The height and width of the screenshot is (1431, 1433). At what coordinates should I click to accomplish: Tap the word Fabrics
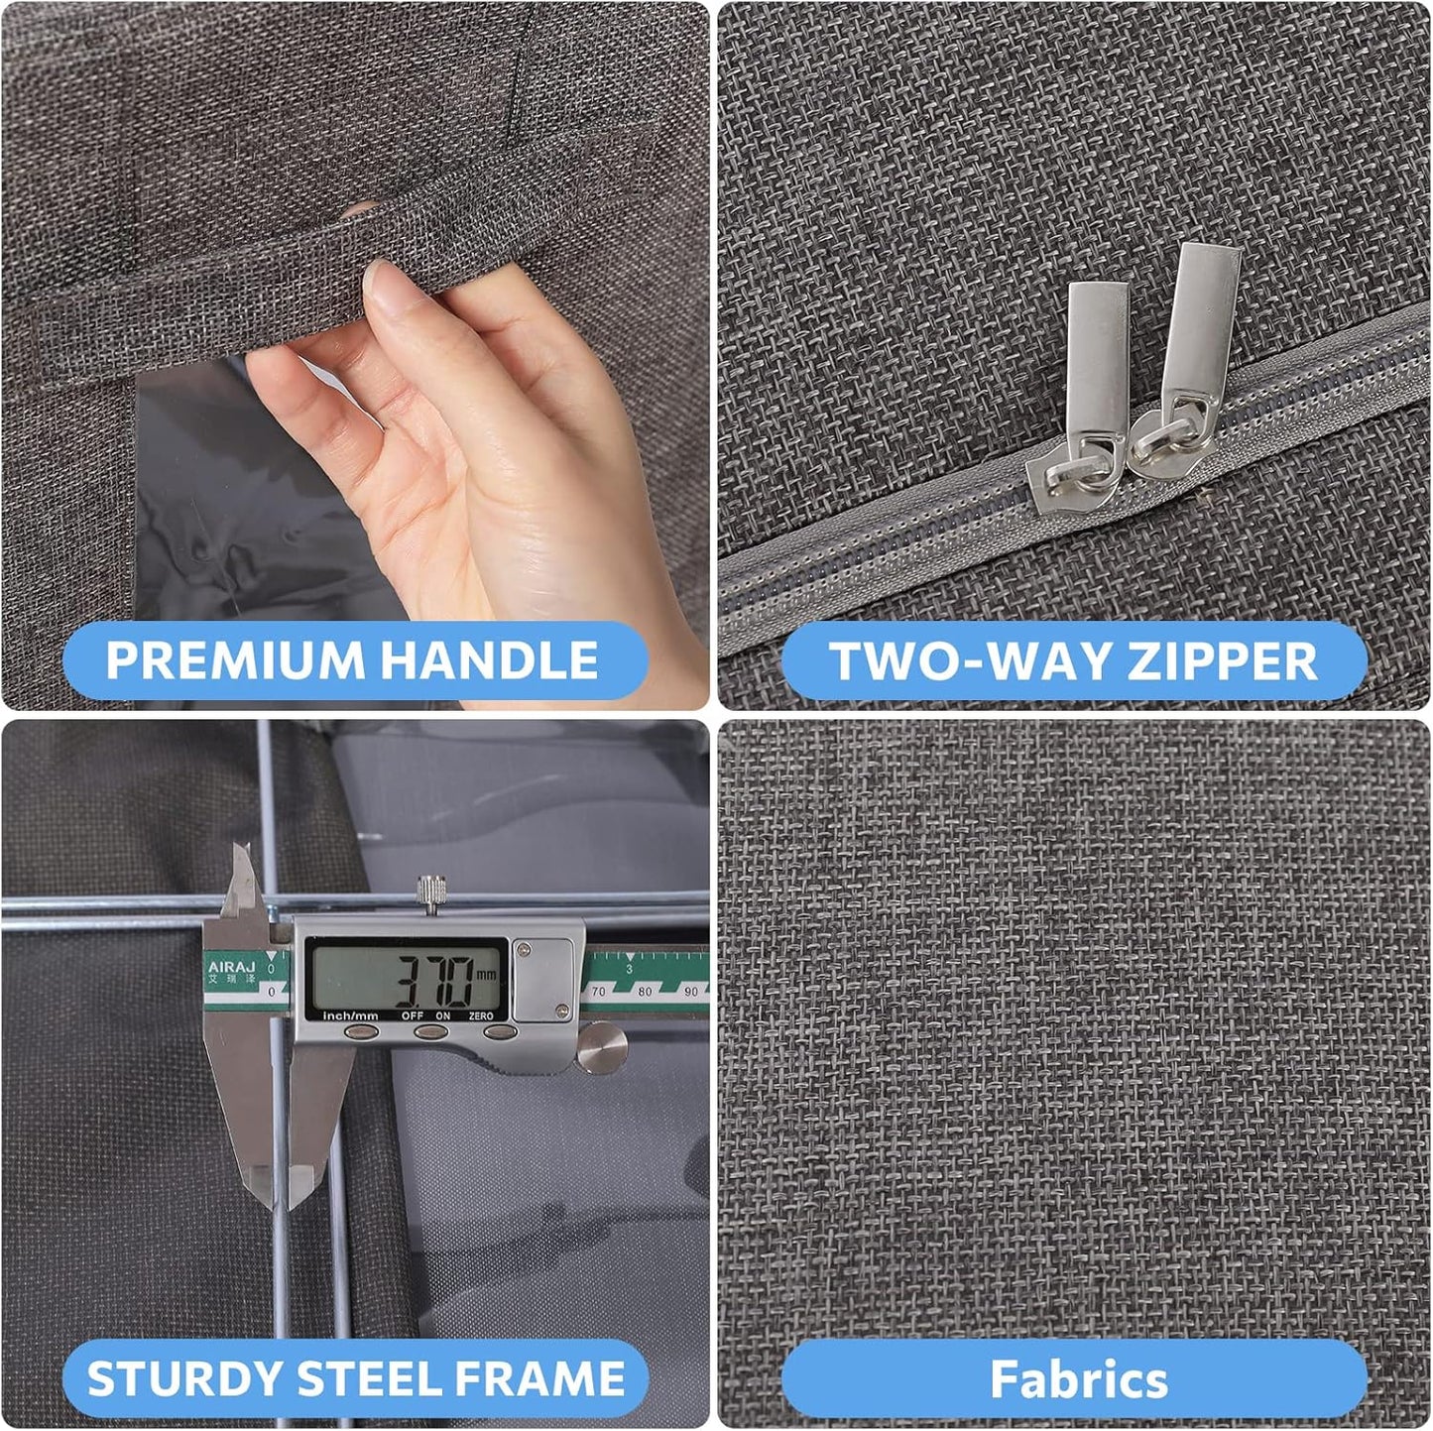click(x=1079, y=1379)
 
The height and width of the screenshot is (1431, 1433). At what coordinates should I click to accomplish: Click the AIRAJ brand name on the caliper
click(x=230, y=966)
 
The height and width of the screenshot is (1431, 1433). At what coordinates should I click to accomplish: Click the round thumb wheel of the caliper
click(x=602, y=1050)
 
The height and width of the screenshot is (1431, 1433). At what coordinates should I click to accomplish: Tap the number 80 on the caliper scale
click(x=645, y=991)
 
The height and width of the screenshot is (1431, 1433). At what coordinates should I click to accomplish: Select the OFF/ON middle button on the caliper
click(x=431, y=1032)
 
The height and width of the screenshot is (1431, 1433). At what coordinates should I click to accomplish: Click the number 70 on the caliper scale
click(x=599, y=991)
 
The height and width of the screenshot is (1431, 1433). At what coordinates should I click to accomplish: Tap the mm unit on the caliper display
click(x=486, y=975)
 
